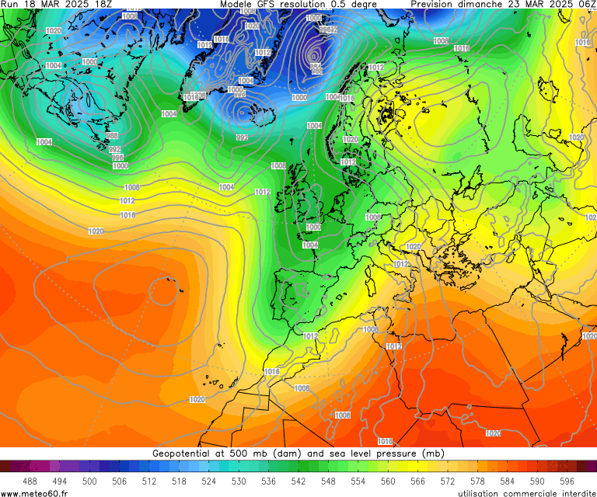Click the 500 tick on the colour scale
click(x=89, y=481)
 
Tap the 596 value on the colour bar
click(x=567, y=481)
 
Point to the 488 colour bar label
click(x=30, y=481)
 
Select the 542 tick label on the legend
click(x=298, y=481)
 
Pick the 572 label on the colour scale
click(x=447, y=481)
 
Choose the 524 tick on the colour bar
click(x=208, y=481)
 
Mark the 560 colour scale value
click(x=387, y=481)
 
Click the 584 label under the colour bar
click(x=507, y=481)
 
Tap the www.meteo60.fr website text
click(x=34, y=493)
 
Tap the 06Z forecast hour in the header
click(x=586, y=5)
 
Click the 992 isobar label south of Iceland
click(x=243, y=137)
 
